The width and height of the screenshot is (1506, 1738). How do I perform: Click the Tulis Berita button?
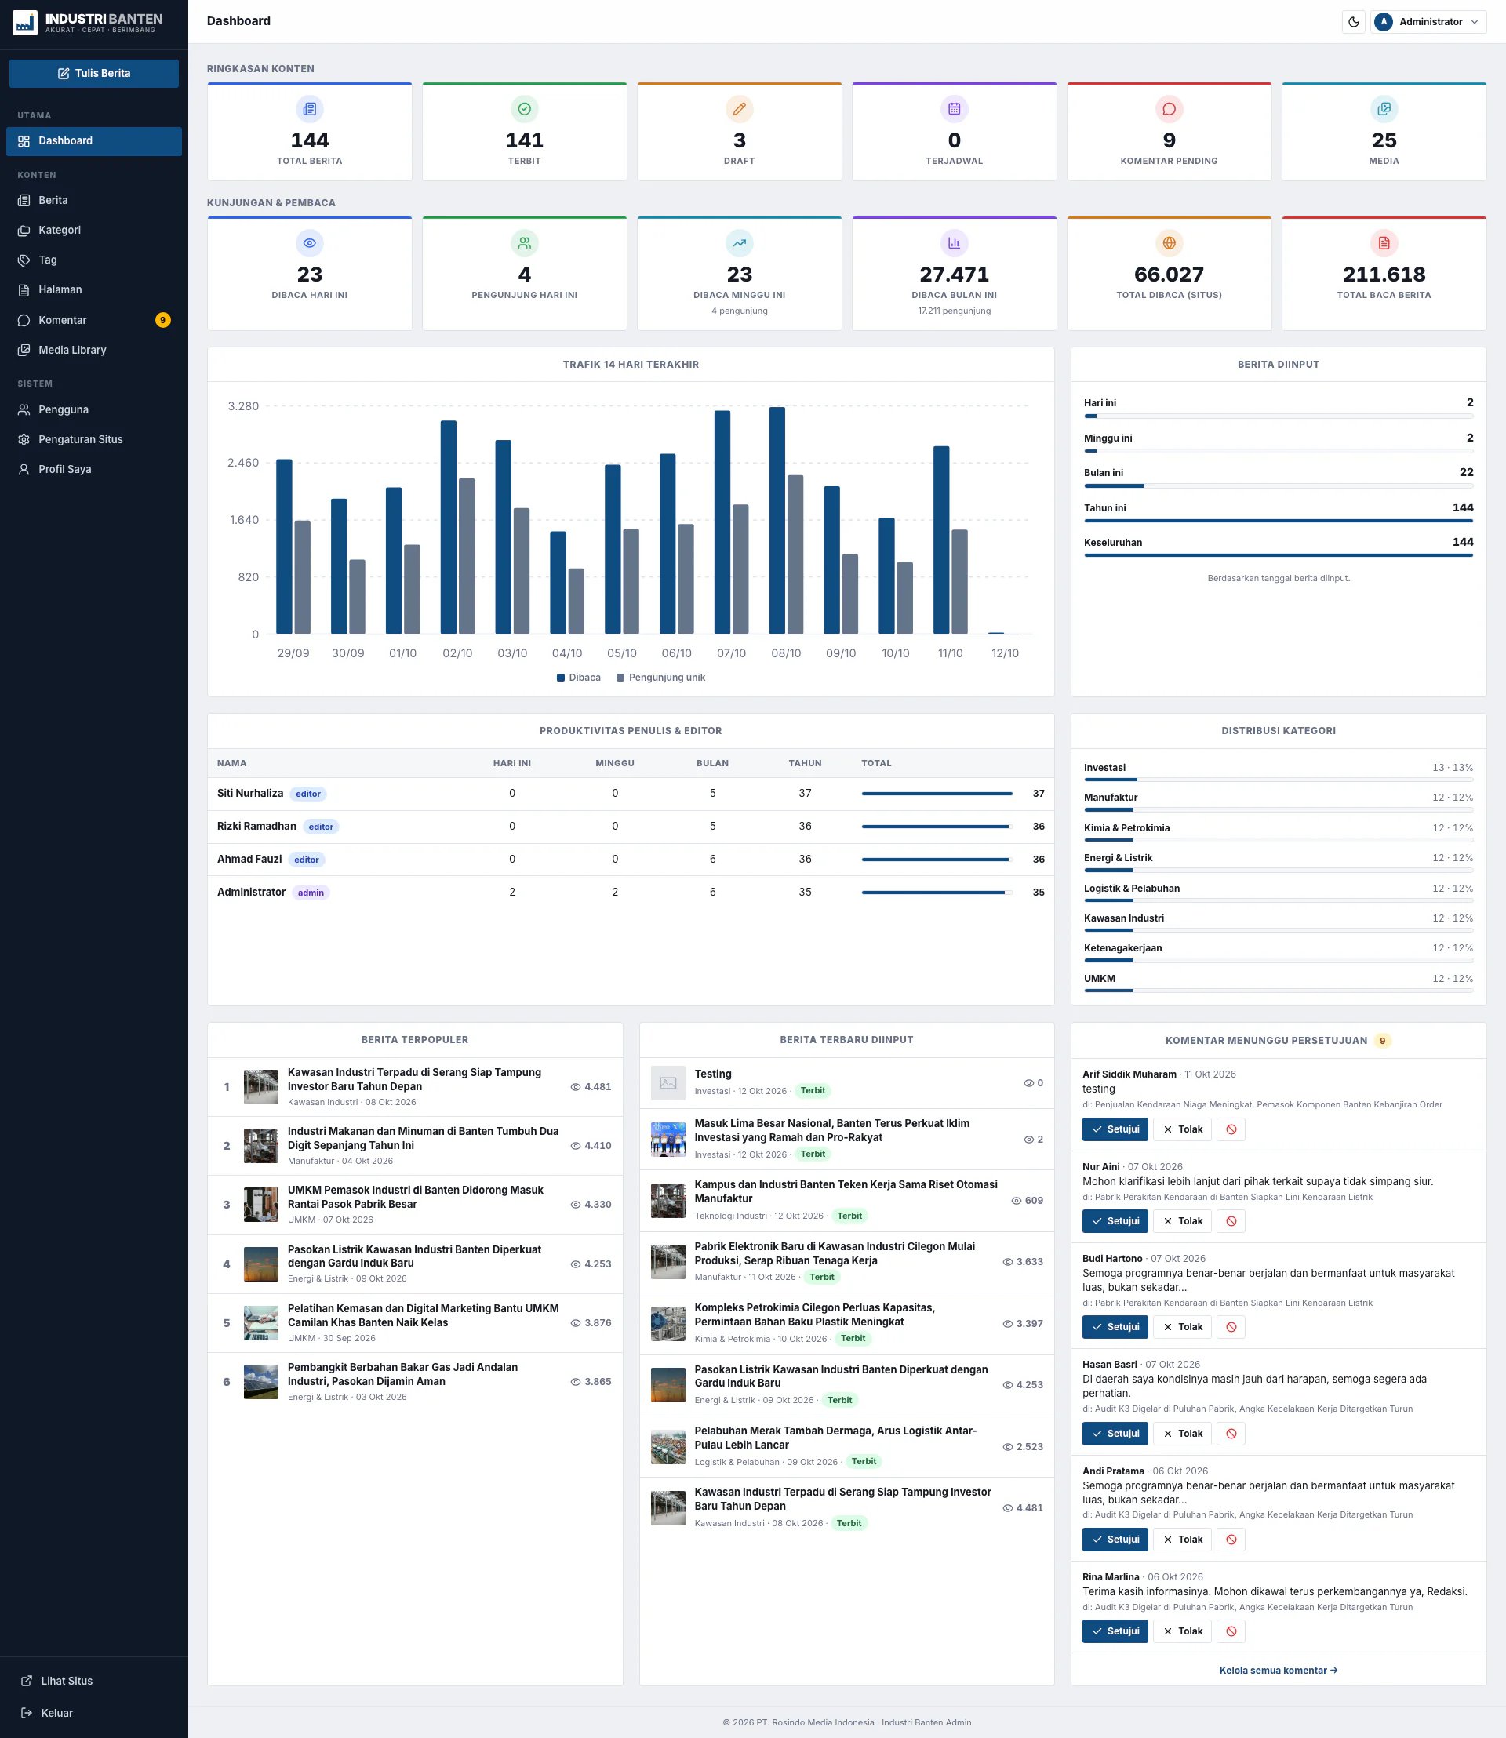(94, 73)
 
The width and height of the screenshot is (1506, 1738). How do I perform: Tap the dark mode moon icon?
(1353, 22)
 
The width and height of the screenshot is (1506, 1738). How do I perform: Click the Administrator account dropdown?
(1428, 22)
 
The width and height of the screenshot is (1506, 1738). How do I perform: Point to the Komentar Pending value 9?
(1169, 140)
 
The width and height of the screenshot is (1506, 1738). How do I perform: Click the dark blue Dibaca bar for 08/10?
(777, 520)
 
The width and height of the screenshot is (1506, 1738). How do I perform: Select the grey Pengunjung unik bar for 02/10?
(467, 555)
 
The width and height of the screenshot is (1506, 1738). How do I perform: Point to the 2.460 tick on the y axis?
(243, 463)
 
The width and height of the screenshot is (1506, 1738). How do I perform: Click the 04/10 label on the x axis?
(567, 653)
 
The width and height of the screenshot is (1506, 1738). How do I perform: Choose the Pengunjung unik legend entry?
(660, 678)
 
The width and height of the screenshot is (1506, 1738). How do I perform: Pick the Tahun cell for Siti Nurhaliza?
(805, 794)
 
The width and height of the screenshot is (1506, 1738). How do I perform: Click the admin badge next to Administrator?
(311, 893)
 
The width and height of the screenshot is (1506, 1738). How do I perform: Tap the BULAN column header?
(713, 763)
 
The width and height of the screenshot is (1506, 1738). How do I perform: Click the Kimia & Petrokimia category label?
(1126, 827)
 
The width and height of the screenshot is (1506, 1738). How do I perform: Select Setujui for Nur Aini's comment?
(1115, 1221)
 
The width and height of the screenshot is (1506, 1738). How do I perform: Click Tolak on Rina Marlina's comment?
(1183, 1631)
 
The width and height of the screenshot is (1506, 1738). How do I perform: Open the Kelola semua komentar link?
(1279, 1671)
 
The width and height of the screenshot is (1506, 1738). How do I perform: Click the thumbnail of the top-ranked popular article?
(260, 1087)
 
